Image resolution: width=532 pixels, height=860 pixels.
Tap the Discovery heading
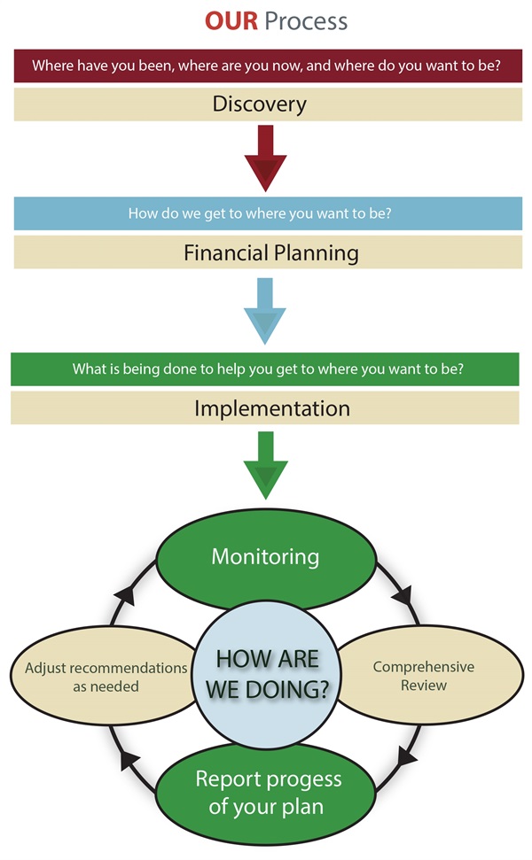click(259, 104)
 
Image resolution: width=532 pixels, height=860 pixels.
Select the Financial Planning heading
click(271, 252)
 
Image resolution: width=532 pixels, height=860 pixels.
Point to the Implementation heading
click(271, 408)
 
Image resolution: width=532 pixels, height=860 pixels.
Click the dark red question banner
click(266, 65)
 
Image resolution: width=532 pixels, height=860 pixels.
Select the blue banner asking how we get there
click(266, 213)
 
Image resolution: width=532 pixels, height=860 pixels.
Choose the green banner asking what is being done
click(266, 368)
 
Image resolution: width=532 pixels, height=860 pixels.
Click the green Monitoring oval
click(265, 557)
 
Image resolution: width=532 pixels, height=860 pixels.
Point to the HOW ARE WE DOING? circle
click(267, 673)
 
